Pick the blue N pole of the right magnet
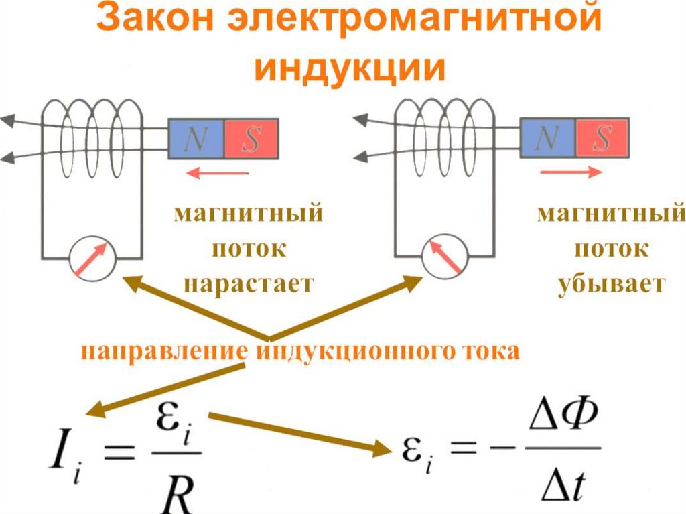coord(548,138)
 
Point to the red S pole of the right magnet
coord(602,138)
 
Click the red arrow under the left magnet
coord(217,174)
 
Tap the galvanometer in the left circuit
coord(92,257)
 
